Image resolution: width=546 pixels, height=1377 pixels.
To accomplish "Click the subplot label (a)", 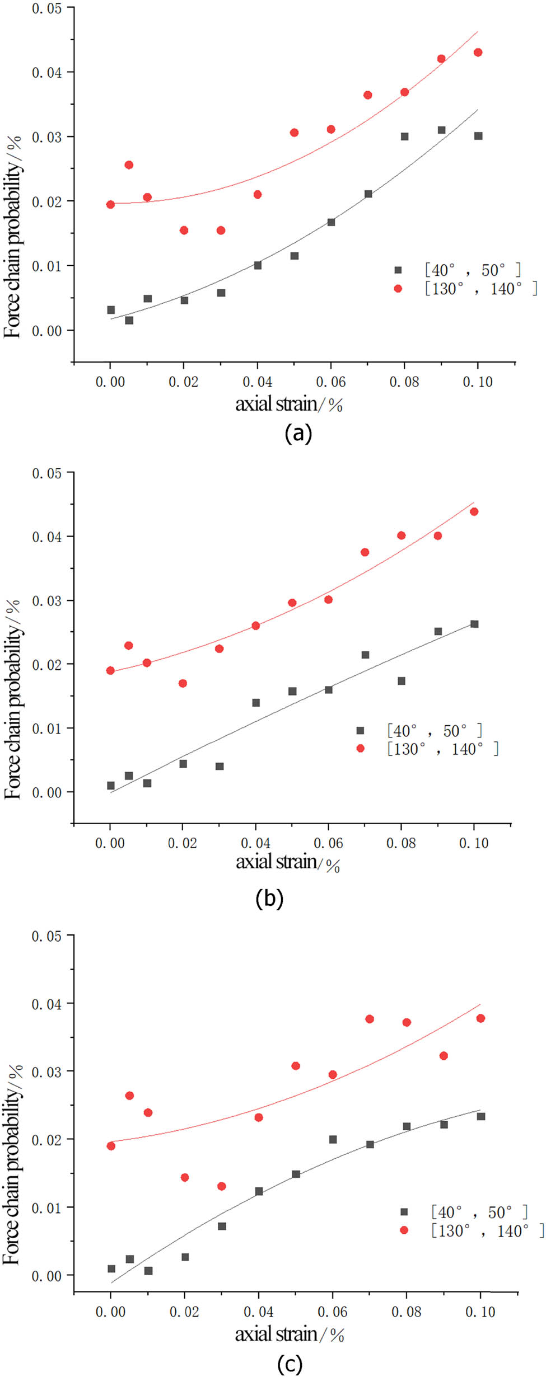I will pyautogui.click(x=298, y=434).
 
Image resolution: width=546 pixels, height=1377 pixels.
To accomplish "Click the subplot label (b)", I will pyautogui.click(x=269, y=898).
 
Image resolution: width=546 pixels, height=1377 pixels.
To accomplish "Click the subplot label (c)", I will pyautogui.click(x=290, y=1364).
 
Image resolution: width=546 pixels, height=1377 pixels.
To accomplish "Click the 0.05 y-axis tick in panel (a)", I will pyautogui.click(x=46, y=9).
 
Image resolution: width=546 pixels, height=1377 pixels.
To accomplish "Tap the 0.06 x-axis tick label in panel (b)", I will pyautogui.click(x=328, y=843).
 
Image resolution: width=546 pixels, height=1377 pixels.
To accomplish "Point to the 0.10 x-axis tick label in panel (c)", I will pyautogui.click(x=480, y=1312).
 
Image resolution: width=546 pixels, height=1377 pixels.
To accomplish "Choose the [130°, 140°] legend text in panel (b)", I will pyautogui.click(x=442, y=749).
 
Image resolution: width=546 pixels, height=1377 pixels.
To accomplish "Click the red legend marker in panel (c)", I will pyautogui.click(x=404, y=1230).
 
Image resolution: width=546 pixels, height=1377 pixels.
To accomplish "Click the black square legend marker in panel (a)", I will pyautogui.click(x=398, y=270).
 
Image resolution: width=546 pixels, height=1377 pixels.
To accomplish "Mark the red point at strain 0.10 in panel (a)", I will pyautogui.click(x=478, y=53).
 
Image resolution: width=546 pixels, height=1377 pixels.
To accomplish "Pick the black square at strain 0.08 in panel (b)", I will pyautogui.click(x=402, y=681).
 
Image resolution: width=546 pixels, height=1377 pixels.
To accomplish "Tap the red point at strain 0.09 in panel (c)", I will pyautogui.click(x=444, y=1056).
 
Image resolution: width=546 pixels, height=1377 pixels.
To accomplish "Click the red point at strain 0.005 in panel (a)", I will pyautogui.click(x=129, y=165).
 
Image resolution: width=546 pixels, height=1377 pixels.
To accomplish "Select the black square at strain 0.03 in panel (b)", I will pyautogui.click(x=220, y=766).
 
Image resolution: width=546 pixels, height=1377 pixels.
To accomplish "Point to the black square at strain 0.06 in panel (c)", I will pyautogui.click(x=333, y=1139).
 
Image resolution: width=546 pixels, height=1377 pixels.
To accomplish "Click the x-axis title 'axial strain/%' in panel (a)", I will pyautogui.click(x=288, y=404).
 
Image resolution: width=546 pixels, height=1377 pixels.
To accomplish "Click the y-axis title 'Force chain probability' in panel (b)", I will pyautogui.click(x=12, y=699).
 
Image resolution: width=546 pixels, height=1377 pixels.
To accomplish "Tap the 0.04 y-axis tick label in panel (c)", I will pyautogui.click(x=46, y=1004).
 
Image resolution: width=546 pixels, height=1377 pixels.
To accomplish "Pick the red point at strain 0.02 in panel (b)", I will pyautogui.click(x=183, y=683).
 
